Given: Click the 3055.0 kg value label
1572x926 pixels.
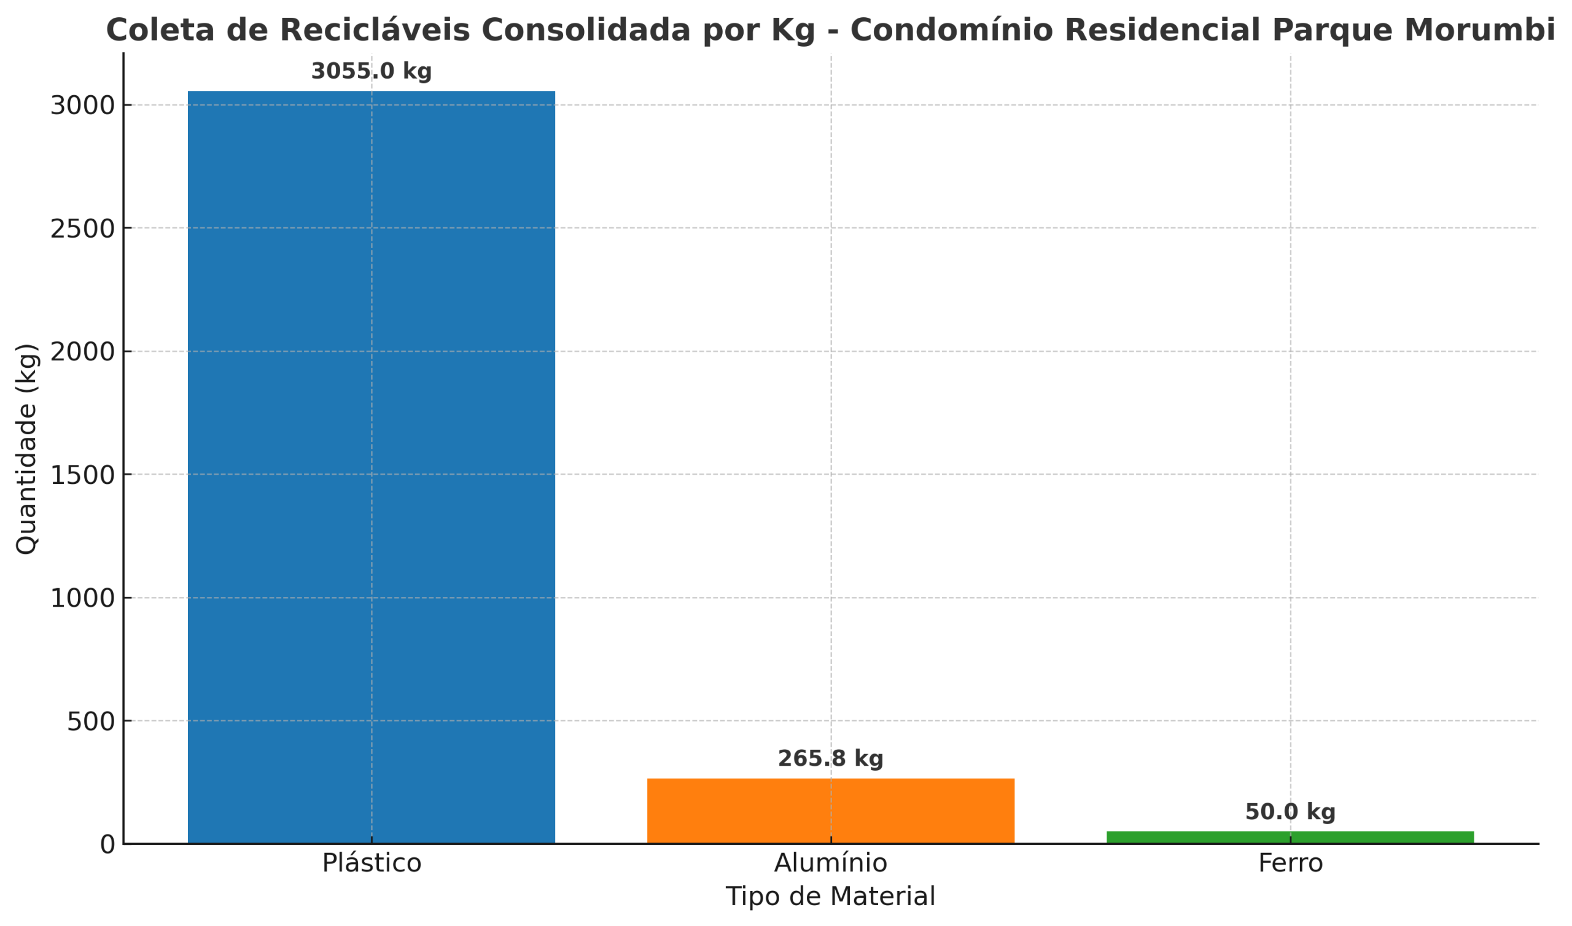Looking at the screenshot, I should [371, 72].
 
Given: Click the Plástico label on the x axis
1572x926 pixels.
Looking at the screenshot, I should [371, 863].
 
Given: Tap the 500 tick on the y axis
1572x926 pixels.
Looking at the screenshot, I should [91, 722].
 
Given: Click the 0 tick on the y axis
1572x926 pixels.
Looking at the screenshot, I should [107, 845].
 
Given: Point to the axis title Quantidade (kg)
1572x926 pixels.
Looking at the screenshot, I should [27, 449].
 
